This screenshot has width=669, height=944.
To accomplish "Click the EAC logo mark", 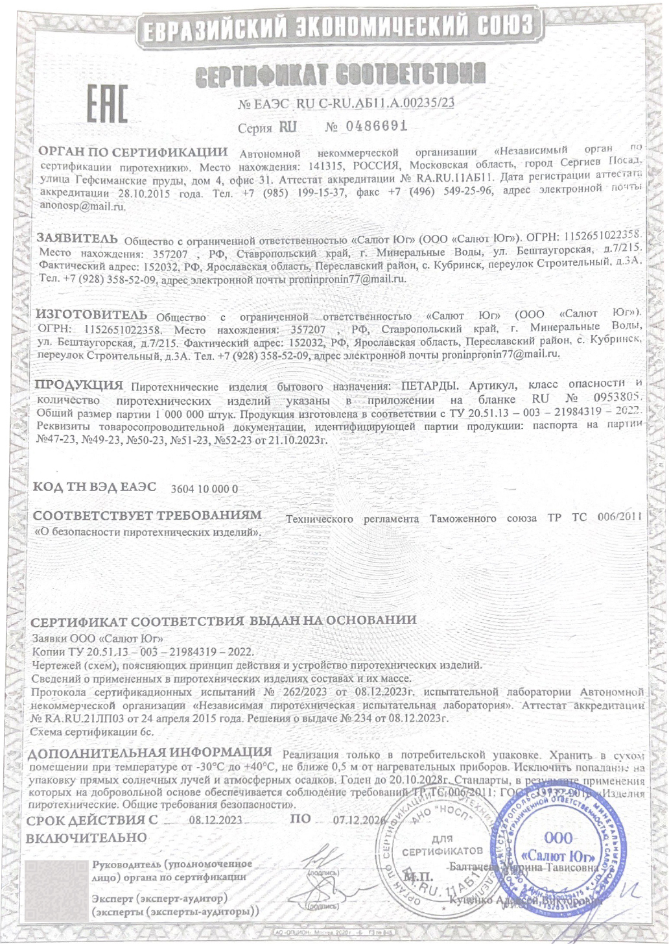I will click(x=108, y=104).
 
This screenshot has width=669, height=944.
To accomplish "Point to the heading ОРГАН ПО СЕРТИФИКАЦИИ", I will click(x=134, y=152).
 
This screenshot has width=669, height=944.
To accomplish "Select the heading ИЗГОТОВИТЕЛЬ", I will click(x=91, y=315).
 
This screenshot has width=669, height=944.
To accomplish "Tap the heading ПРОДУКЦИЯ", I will click(x=78, y=385).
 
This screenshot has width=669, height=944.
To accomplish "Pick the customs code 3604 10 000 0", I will click(x=204, y=489).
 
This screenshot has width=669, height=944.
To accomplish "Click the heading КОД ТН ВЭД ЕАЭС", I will click(x=95, y=487).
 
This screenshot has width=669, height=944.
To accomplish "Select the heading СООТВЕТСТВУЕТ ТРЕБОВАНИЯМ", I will click(x=148, y=516).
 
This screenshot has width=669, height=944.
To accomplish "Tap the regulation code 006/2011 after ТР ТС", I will click(x=619, y=518).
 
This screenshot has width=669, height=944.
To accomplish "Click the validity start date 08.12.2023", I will click(x=215, y=819).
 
